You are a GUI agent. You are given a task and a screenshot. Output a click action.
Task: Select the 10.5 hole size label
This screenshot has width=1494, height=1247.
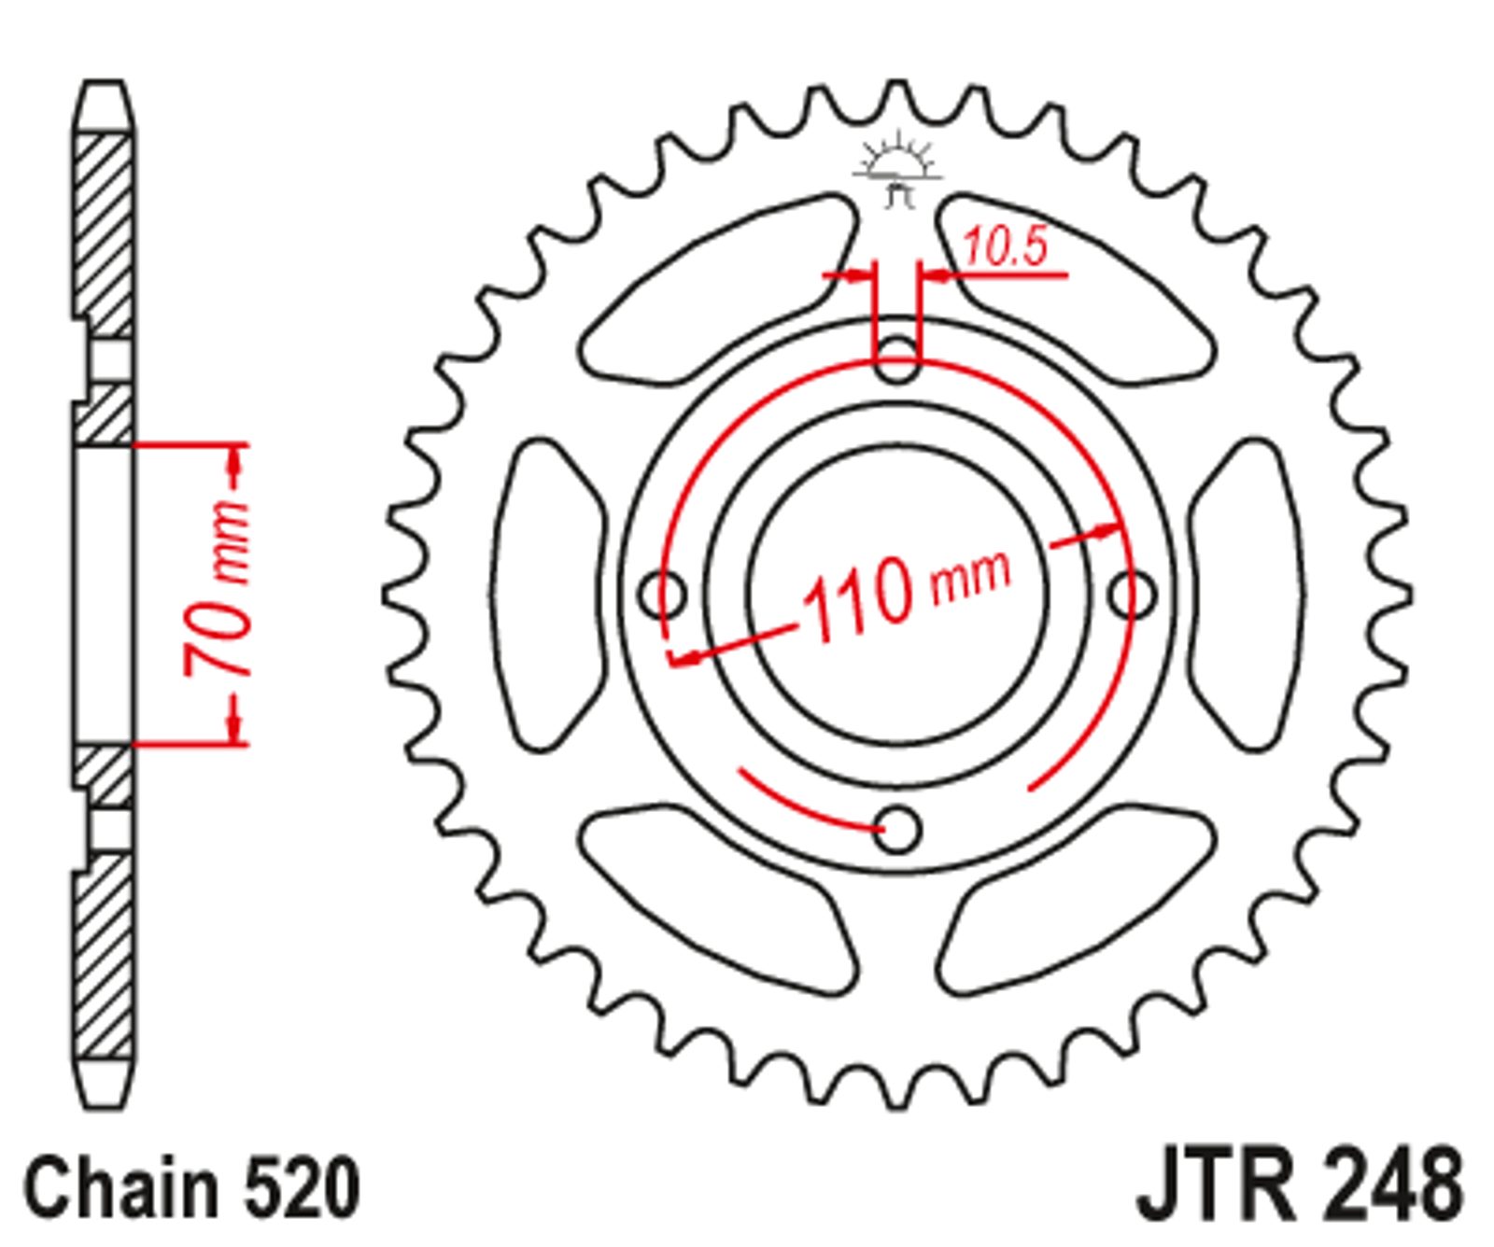(x=1004, y=247)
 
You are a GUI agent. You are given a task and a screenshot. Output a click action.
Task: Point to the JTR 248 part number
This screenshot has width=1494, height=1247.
(x=1299, y=1186)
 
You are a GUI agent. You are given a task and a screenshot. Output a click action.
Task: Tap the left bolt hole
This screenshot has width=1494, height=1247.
(x=664, y=594)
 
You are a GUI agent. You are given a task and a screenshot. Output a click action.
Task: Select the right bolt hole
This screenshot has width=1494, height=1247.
(x=1133, y=595)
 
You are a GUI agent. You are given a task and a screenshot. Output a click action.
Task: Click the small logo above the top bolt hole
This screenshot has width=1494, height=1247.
(x=896, y=169)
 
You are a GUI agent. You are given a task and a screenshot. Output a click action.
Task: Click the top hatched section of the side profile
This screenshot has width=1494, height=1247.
(x=103, y=233)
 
